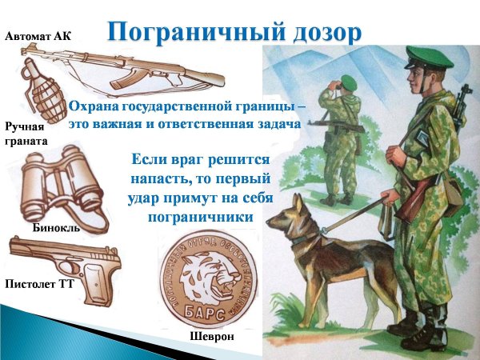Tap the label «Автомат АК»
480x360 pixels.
(38, 36)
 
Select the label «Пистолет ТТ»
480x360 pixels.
(39, 283)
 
